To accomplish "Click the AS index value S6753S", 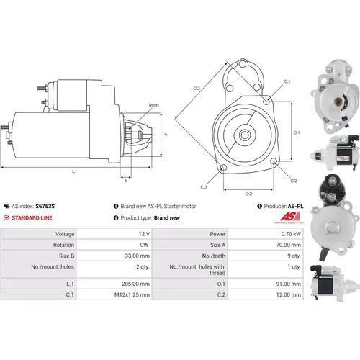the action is (x=45, y=206).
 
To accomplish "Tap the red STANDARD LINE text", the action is (x=32, y=218).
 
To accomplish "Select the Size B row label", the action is (x=66, y=256).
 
